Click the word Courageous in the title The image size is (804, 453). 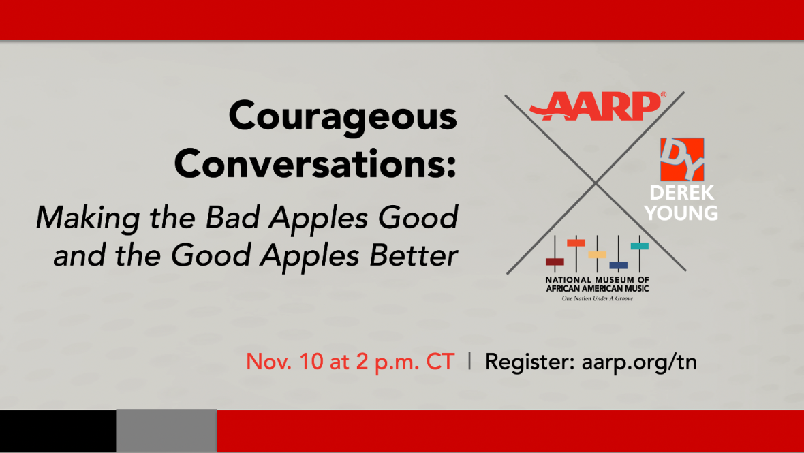click(343, 118)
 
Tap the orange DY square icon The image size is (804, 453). click(682, 159)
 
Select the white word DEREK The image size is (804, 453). click(682, 193)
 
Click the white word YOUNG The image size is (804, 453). click(681, 213)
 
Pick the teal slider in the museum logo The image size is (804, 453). click(639, 246)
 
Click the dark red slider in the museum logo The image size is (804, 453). click(555, 262)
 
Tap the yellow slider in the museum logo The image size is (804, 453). click(597, 255)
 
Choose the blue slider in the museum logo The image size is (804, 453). click(619, 266)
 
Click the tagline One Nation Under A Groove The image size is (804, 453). click(598, 298)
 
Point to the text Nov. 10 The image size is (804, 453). click(285, 362)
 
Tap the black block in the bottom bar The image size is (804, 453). click(58, 431)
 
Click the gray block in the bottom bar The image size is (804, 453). click(167, 431)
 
